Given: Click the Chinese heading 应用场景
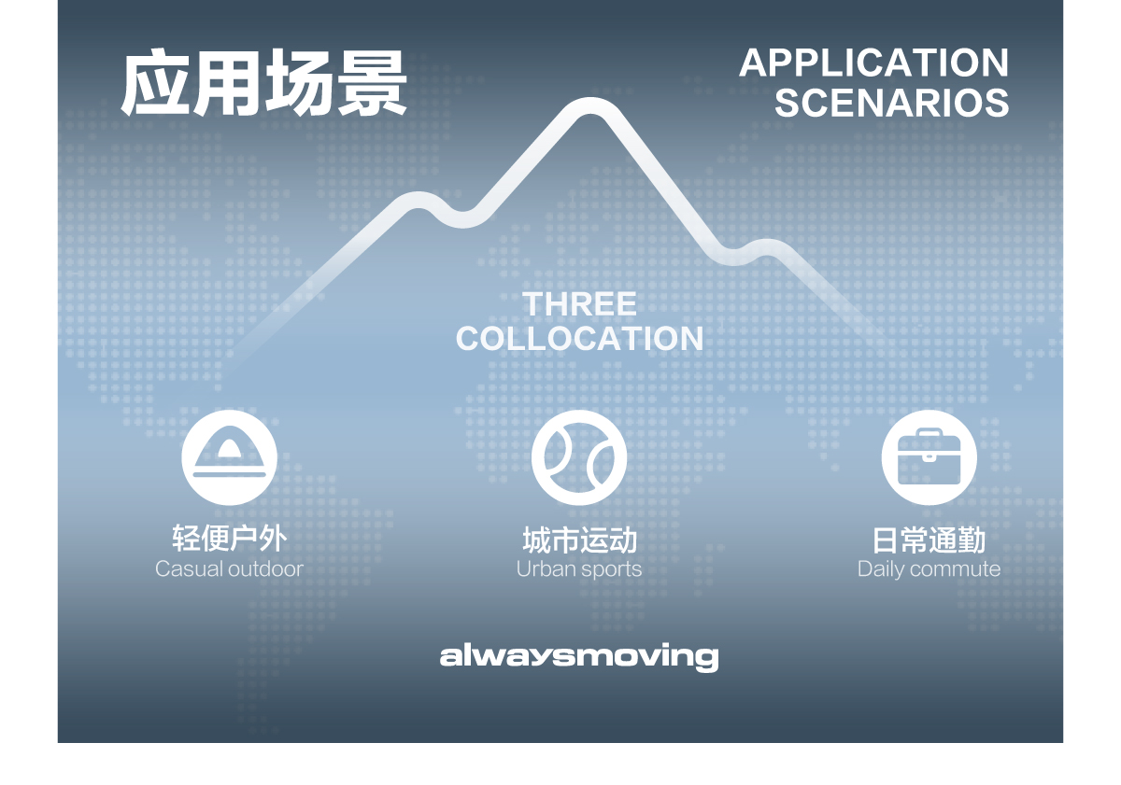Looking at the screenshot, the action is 264,84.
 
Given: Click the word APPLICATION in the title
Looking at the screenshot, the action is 873,63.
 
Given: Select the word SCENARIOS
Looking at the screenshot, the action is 891,103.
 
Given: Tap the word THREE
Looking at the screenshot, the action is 579,304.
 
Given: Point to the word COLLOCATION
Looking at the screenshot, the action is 579,338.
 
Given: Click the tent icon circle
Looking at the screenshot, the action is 229,457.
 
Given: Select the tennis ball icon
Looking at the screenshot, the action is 579,457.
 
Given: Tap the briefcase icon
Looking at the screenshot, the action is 929,457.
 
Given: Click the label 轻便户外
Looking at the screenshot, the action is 229,539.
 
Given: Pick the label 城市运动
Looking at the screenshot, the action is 579,540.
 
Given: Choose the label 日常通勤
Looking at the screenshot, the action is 929,540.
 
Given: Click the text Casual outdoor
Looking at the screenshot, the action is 229,568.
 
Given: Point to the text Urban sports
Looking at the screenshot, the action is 579,568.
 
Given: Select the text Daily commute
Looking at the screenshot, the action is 929,568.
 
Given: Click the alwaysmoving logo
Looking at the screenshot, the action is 579,656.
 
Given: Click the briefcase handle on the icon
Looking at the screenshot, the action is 929,434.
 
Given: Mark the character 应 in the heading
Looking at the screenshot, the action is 156,84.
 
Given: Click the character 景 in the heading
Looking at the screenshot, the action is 372,84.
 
